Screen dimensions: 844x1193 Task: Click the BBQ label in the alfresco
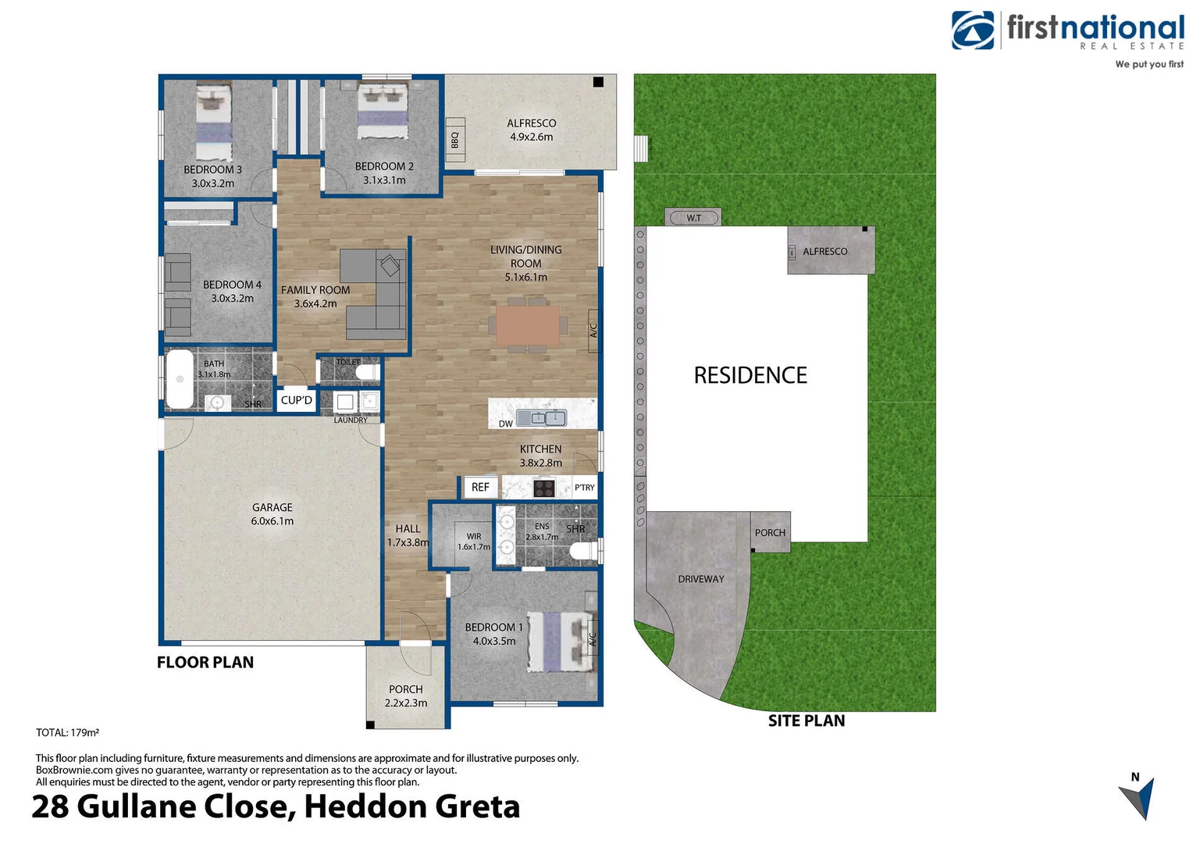click(455, 140)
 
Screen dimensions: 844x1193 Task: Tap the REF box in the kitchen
click(480, 487)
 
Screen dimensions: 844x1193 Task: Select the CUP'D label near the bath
click(297, 400)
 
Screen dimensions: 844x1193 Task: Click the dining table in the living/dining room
click(528, 325)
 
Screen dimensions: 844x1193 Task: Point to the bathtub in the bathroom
click(180, 379)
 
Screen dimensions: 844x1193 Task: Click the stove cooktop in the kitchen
click(544, 488)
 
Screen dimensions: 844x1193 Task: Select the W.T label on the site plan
click(693, 218)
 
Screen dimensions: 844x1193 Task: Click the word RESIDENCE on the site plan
click(750, 375)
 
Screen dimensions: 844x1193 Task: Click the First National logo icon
click(973, 30)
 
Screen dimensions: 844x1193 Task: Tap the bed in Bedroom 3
click(213, 121)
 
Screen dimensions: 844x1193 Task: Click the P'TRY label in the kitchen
click(584, 488)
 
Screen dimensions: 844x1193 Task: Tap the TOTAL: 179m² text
click(67, 733)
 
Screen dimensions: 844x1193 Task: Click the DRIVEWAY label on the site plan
click(701, 579)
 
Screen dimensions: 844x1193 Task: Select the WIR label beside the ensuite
click(474, 536)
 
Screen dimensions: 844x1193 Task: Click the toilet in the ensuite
click(582, 552)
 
